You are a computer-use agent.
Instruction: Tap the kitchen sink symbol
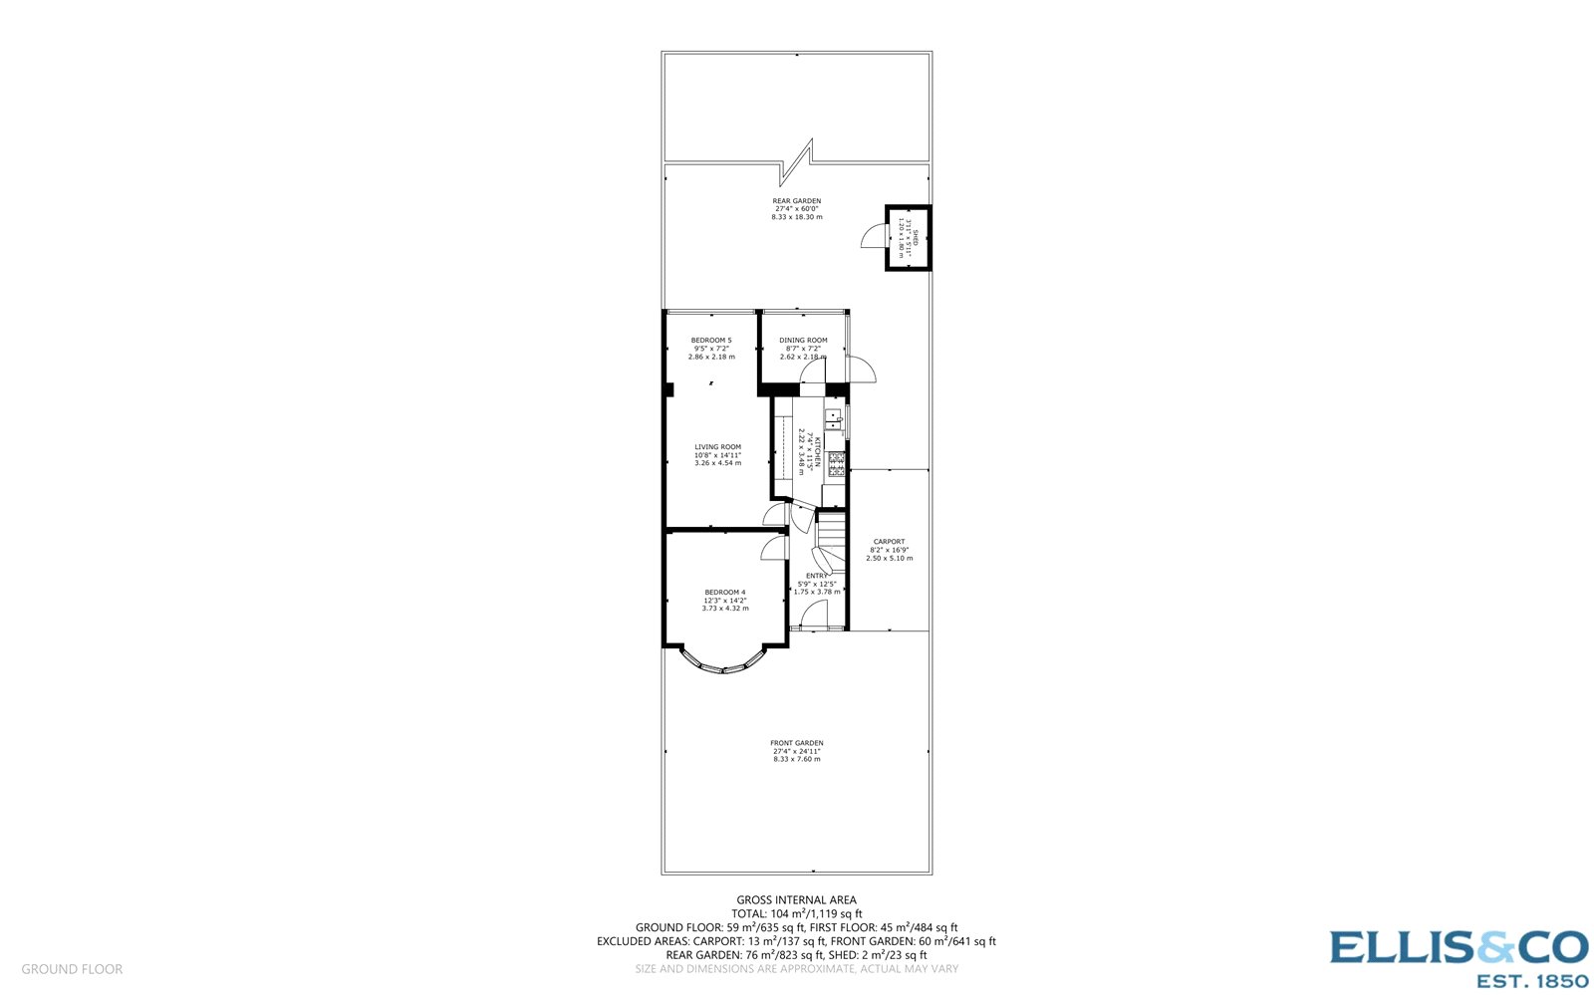(834, 419)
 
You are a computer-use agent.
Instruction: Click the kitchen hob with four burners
(836, 464)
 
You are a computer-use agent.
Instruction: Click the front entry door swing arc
(814, 615)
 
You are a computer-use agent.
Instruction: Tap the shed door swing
(873, 236)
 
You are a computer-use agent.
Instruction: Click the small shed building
(909, 238)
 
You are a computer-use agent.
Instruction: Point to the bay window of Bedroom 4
(724, 665)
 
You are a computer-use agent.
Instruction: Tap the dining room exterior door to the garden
(862, 371)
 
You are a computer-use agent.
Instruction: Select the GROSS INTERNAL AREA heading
(796, 900)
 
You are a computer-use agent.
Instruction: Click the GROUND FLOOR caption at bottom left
(72, 969)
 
